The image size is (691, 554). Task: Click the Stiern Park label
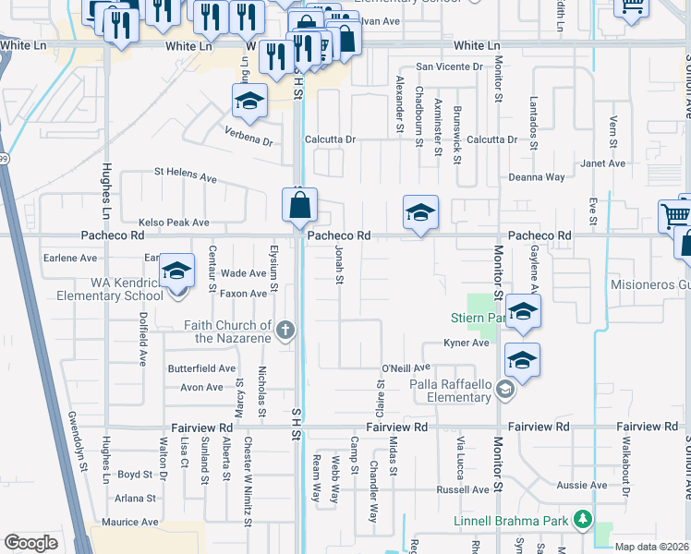tap(473, 319)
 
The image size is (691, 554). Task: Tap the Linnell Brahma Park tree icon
tap(582, 521)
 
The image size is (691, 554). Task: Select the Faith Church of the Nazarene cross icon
tap(286, 329)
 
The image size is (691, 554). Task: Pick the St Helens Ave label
tap(185, 172)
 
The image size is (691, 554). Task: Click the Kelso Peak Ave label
tap(174, 223)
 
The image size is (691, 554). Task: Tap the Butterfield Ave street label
tap(201, 368)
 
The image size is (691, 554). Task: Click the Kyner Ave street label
tap(466, 343)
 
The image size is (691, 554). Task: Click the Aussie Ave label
tap(585, 485)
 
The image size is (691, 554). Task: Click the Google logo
tap(31, 543)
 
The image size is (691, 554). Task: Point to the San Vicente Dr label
tap(449, 66)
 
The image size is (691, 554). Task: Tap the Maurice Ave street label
tap(129, 523)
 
